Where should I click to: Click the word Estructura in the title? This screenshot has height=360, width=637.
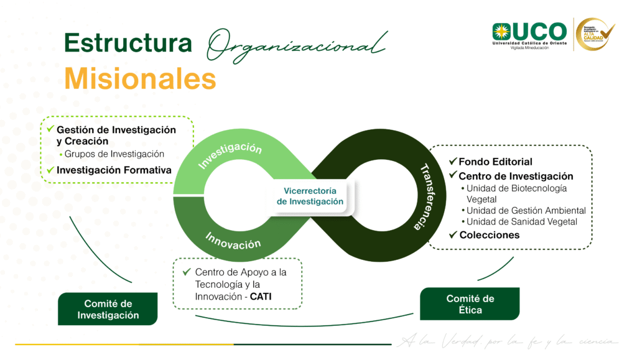click(x=128, y=44)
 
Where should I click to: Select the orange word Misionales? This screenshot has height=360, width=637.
click(x=140, y=80)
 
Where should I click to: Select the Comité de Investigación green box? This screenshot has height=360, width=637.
click(x=108, y=309)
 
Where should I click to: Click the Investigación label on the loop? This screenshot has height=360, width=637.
click(x=230, y=155)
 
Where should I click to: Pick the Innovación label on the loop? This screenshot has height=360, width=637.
click(x=233, y=241)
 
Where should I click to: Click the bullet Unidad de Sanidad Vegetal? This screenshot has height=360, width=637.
click(x=521, y=222)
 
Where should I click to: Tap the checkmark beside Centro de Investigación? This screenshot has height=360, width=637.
click(x=453, y=176)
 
